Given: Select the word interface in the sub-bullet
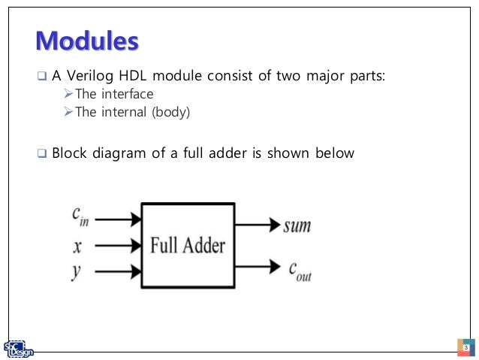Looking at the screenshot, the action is point(128,95).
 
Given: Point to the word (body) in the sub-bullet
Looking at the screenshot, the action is point(171,112).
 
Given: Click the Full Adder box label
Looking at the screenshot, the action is point(188,245).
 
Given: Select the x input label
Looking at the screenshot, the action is point(77,245).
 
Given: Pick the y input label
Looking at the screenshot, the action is point(77,271).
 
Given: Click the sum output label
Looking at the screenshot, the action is point(297,225).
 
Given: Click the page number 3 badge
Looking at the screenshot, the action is point(465,348).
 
